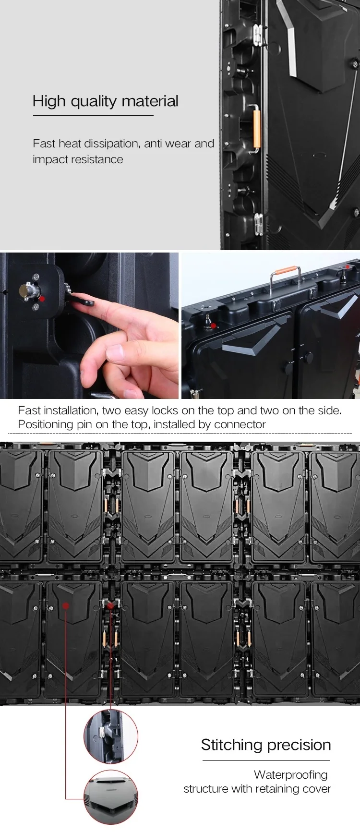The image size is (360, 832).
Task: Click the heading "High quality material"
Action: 106,101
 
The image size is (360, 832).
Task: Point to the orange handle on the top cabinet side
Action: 257,128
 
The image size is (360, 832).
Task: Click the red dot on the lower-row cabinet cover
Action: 65,606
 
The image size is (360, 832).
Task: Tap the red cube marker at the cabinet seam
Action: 111,606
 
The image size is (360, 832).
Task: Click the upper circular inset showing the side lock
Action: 111,736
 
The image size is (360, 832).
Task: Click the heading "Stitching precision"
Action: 266,745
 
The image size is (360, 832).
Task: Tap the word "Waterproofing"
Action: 291,775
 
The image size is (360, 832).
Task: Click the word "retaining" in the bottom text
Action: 273,789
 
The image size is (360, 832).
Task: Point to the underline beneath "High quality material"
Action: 93,115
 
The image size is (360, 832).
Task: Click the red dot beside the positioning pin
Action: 42,299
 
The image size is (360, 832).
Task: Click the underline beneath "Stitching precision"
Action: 266,760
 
